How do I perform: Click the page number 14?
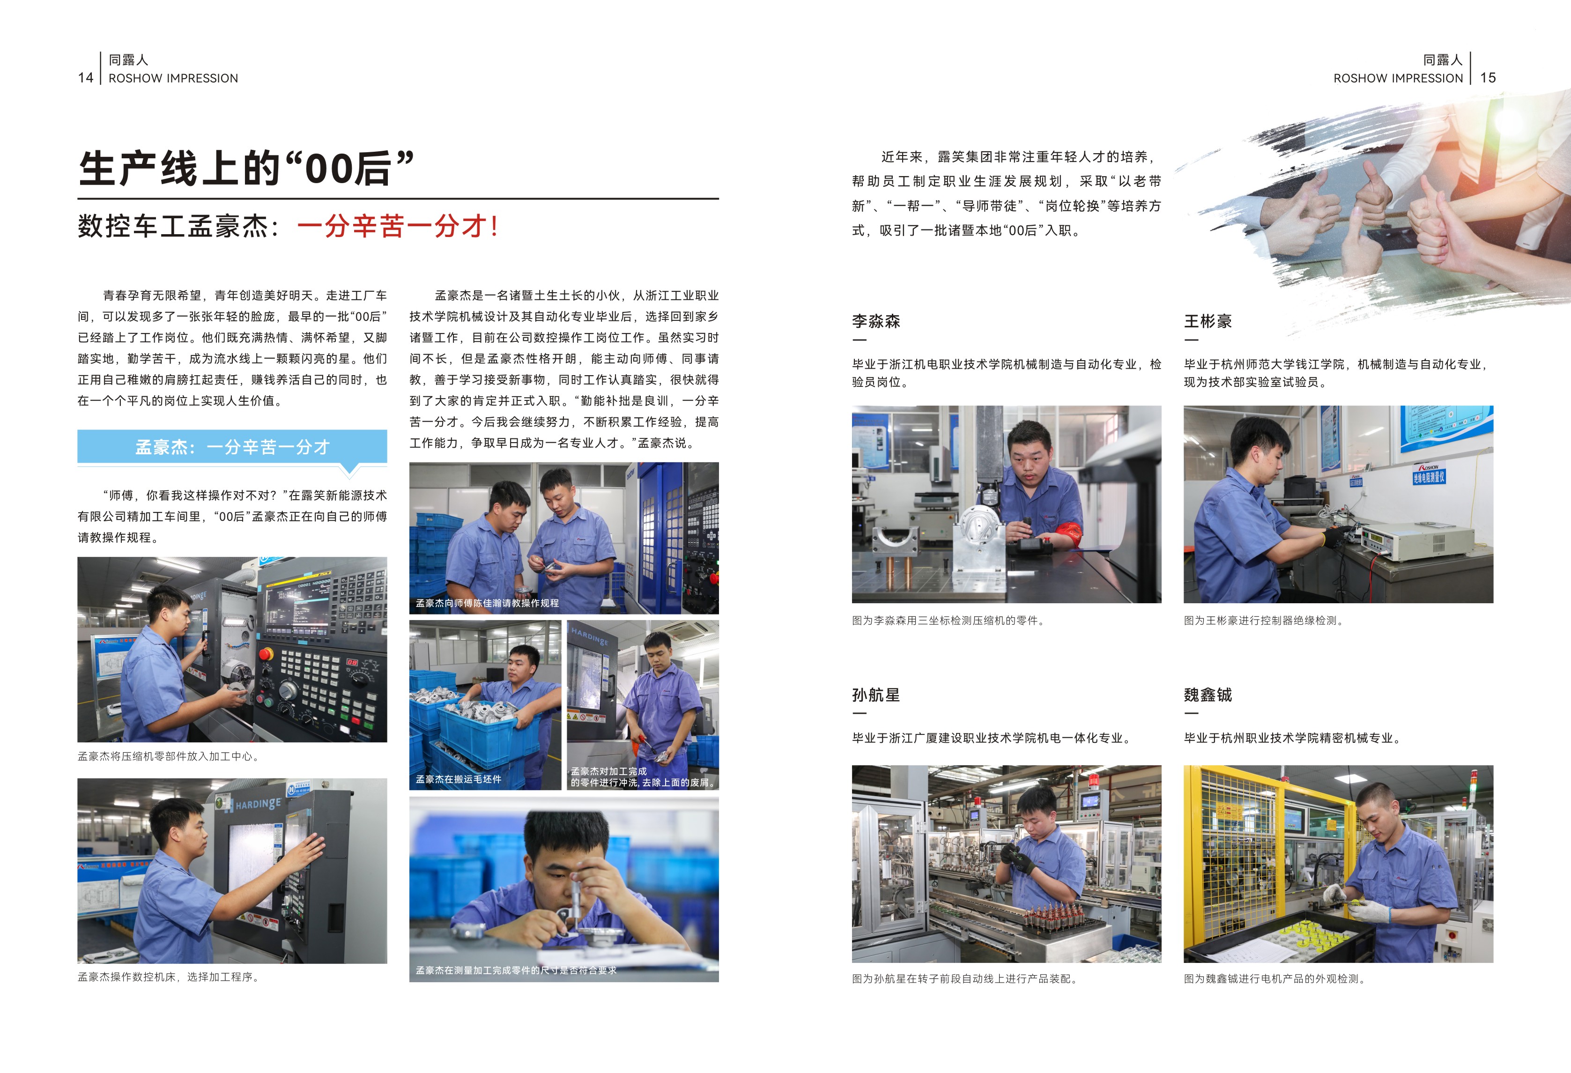[x=85, y=78]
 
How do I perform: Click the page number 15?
[x=1488, y=78]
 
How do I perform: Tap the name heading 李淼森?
[x=876, y=321]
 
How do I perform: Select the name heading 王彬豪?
[x=1208, y=321]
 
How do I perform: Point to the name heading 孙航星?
[x=876, y=695]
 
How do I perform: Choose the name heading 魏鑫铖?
[x=1208, y=695]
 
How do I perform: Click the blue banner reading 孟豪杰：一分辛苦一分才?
[x=232, y=447]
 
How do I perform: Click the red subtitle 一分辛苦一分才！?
[x=398, y=226]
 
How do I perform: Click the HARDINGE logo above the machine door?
[x=258, y=804]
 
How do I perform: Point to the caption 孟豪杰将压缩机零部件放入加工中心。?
[x=168, y=756]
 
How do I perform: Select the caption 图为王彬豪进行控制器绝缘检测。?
[x=1264, y=620]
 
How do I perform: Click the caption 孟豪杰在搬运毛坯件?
[x=458, y=779]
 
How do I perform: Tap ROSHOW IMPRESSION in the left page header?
[x=173, y=78]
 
